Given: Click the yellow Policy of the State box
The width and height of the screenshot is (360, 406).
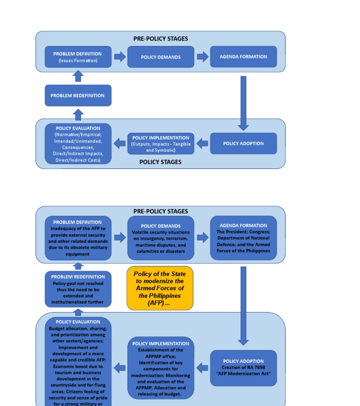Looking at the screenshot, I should point(160,288).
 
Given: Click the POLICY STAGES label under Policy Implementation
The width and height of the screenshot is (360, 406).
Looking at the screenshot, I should point(160,162).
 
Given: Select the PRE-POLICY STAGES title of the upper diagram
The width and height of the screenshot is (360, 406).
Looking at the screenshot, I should point(160,39).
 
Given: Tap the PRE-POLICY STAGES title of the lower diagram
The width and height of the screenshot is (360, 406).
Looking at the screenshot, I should point(160,211).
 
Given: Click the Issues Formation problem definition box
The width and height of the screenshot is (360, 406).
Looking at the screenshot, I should point(78,57).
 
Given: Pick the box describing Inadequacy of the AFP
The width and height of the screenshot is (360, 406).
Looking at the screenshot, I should point(78,238).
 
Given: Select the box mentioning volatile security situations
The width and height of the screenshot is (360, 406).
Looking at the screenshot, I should point(160,238).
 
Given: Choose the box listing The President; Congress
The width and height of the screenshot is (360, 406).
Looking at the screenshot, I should point(243,238).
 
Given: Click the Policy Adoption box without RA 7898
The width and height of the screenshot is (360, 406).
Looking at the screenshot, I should point(243,143).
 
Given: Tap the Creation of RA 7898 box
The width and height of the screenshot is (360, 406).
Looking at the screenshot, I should point(243,367).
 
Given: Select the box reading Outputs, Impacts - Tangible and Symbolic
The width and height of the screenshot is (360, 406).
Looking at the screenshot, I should point(160,143).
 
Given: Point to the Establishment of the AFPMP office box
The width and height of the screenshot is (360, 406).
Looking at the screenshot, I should point(160,368).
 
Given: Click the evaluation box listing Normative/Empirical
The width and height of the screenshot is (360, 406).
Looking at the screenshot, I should point(78,143).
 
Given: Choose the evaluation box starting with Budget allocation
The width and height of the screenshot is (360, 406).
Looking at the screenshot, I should point(78,361).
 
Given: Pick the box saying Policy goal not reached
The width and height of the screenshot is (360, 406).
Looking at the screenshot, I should point(78,289).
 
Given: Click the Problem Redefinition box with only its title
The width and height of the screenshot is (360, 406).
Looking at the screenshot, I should point(78,95).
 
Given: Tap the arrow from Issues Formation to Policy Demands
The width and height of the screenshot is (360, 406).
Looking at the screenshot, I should point(120,57).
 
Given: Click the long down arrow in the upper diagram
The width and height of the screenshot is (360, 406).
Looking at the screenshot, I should point(243,103).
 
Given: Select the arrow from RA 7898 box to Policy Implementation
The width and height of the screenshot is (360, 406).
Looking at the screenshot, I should point(202,368).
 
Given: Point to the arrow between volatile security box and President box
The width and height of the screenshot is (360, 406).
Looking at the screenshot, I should point(202,238).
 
